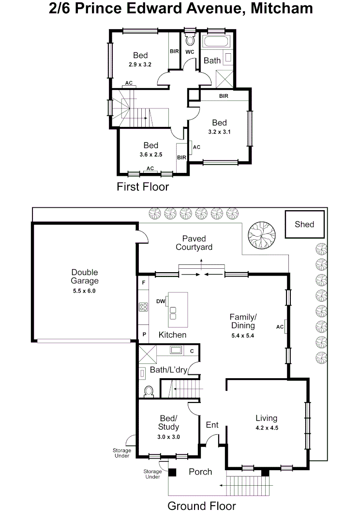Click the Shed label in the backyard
pos(304,224)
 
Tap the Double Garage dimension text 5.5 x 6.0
pos(85,291)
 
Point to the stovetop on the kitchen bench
pos(144,307)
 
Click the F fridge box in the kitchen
pos(144,282)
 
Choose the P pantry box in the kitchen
pos(144,335)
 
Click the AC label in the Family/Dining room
pos(279,327)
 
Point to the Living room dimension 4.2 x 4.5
pos(267,428)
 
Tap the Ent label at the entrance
pos(212,425)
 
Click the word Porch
pos(200,471)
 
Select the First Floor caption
pos(143,186)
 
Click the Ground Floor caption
pos(201,506)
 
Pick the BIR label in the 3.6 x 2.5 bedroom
pos(181,157)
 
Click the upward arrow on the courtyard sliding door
pos(202,261)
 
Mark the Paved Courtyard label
pos(194,243)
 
